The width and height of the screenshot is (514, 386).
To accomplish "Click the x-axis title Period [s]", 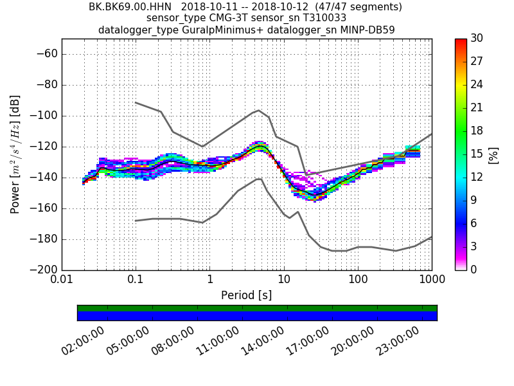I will (246, 295).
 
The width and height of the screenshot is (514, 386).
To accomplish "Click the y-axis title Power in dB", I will (15, 154).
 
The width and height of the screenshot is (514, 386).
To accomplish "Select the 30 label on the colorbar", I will (477, 39).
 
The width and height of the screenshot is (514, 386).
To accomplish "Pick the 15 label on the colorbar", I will (477, 154).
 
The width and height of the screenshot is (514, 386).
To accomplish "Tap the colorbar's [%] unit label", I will (493, 154).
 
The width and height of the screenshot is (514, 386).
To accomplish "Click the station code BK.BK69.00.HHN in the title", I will (132, 7).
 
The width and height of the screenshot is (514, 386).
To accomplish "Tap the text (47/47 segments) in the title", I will (362, 7).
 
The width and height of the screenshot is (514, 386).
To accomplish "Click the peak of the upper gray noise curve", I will (258, 110).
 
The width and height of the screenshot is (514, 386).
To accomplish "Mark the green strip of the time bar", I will (257, 308).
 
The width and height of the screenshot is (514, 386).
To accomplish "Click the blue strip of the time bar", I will (257, 316).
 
